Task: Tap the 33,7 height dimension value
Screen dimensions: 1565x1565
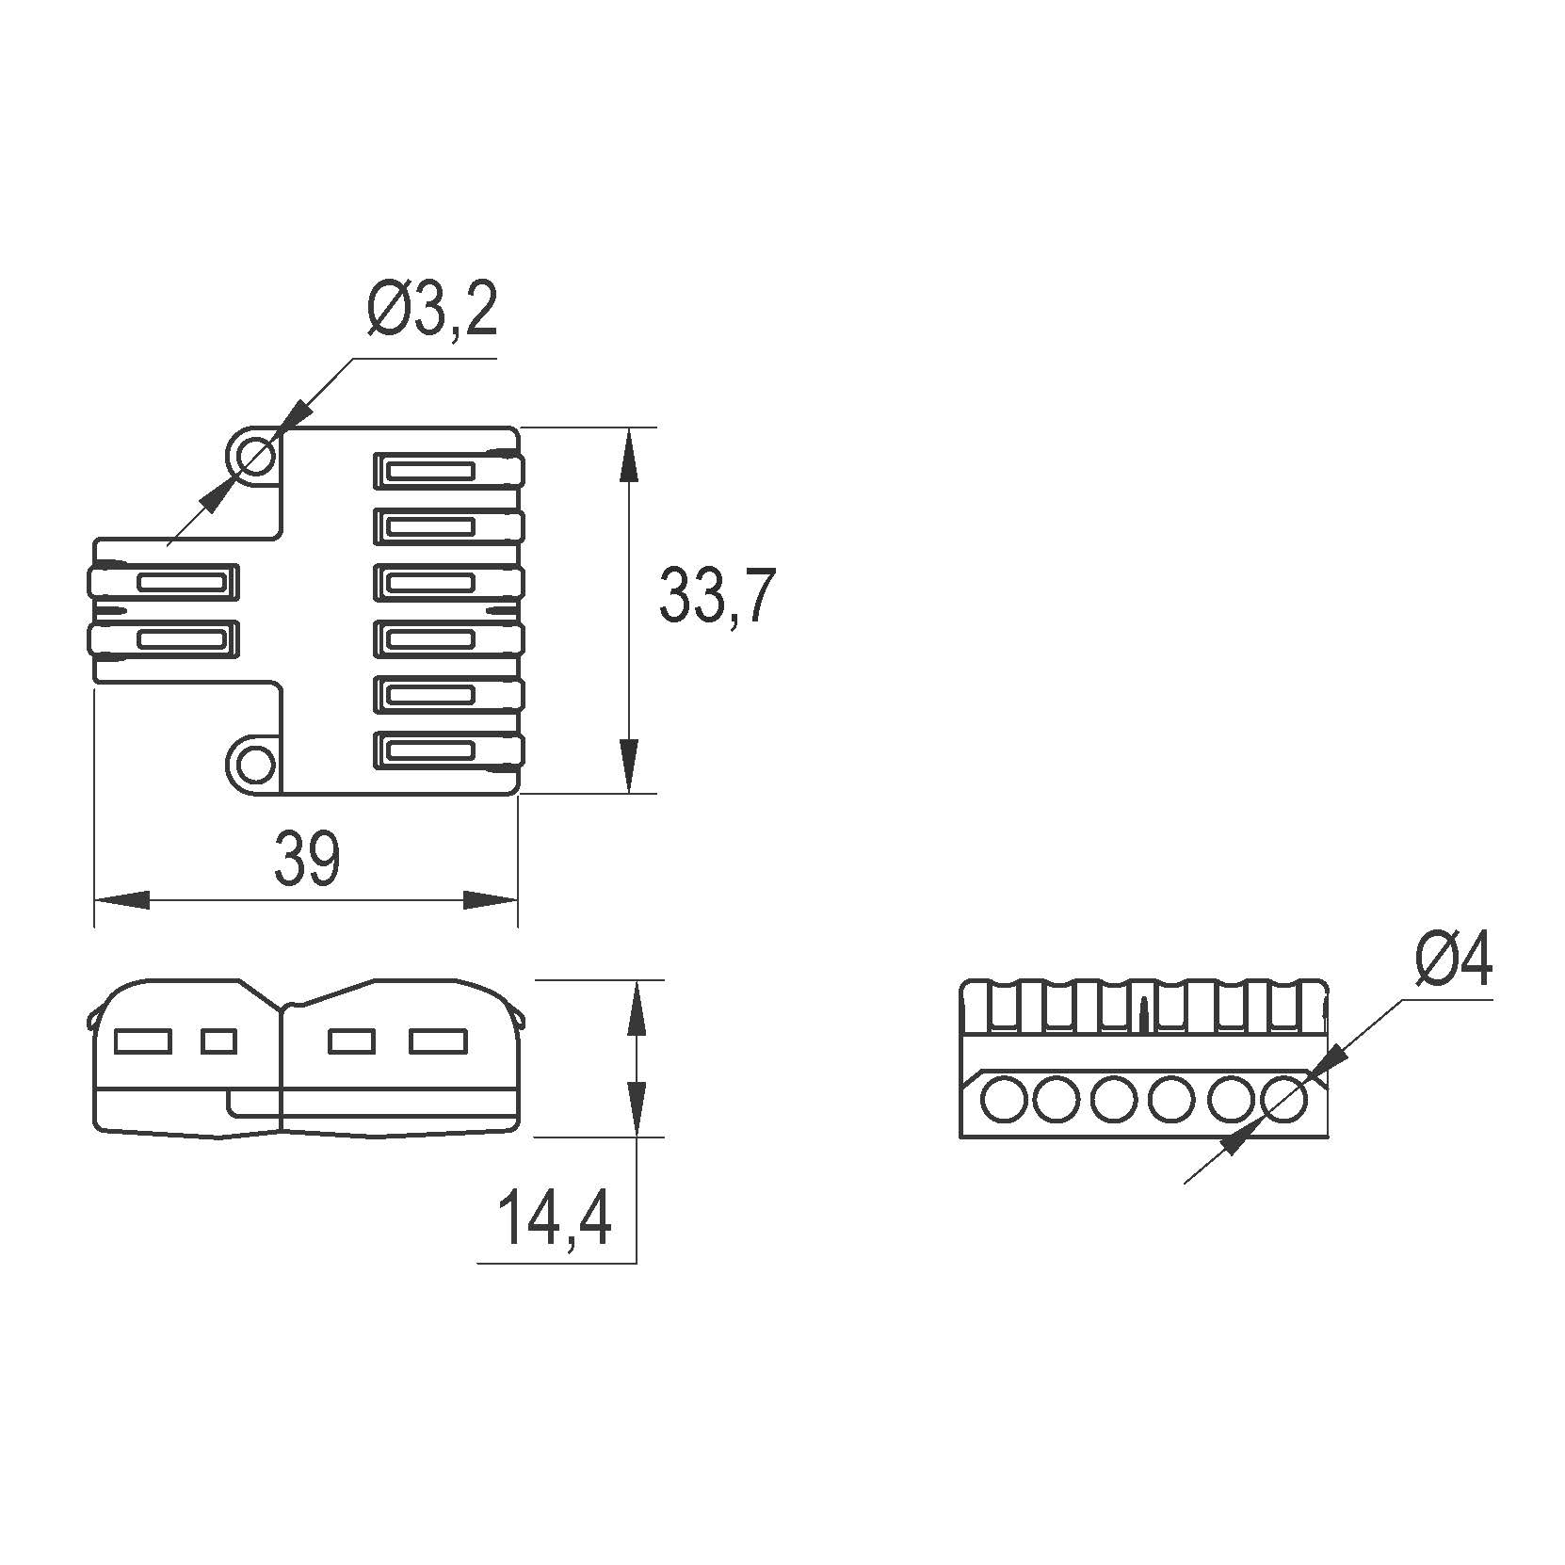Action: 717,596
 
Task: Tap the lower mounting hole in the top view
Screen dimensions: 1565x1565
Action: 252,764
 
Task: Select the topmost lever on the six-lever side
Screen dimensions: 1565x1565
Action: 448,471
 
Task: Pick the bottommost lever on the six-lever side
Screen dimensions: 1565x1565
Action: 448,750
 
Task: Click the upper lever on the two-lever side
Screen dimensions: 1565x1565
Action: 163,583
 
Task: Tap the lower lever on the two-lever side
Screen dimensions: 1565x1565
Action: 163,639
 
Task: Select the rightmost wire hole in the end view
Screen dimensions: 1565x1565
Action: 1287,1099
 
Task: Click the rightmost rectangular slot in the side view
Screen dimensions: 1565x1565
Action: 439,1041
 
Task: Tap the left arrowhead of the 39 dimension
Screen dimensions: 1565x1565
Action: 121,899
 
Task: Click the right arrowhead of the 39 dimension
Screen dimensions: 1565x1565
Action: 491,899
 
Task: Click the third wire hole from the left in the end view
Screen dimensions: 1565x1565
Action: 1116,1099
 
